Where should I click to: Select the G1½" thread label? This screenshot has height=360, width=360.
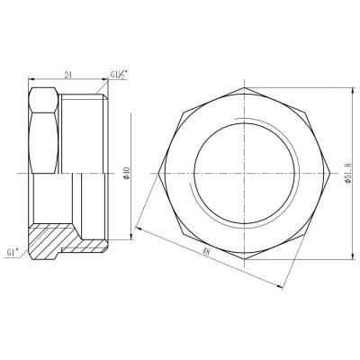pyautogui.click(x=118, y=76)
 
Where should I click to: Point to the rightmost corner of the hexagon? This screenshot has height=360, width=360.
pyautogui.click(x=319, y=171)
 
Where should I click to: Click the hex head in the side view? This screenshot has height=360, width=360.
pyautogui.click(x=45, y=126)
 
